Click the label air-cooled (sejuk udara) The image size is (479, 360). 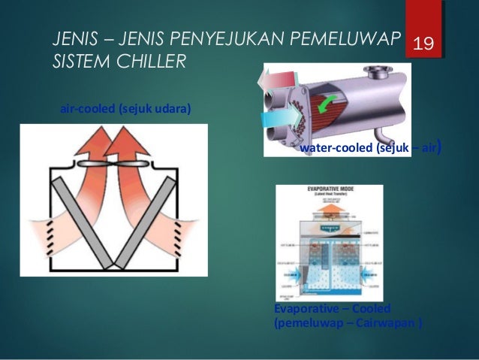click(x=125, y=110)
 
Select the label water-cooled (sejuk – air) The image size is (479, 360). click(x=369, y=149)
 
